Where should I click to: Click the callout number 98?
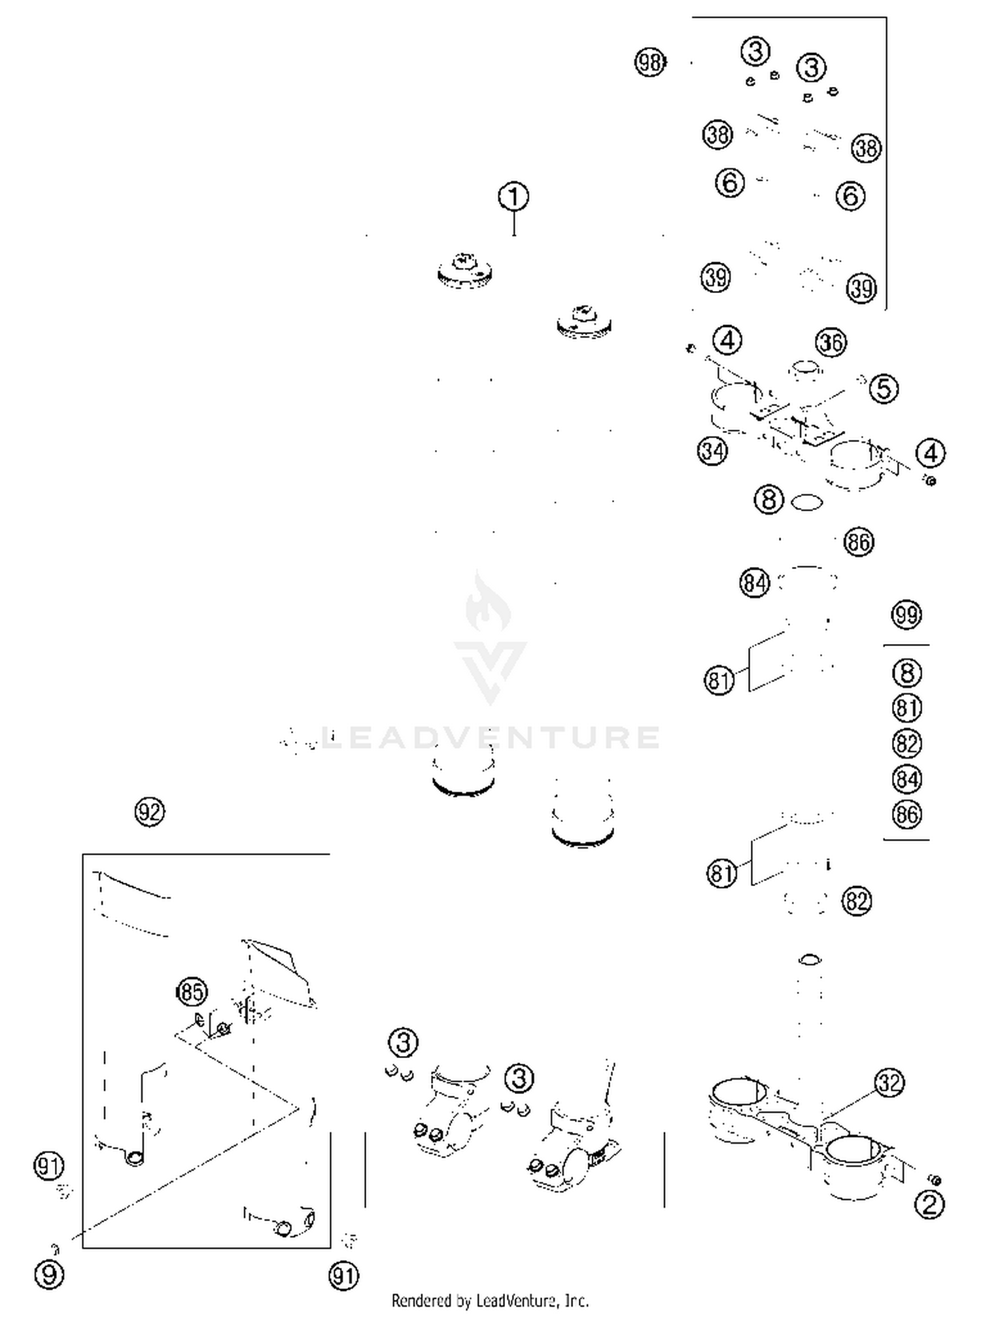click(649, 63)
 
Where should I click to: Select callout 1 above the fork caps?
click(513, 197)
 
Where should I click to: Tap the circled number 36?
click(831, 342)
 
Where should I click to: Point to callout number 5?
click(884, 389)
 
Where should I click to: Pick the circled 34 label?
click(712, 451)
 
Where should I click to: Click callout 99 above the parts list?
click(906, 615)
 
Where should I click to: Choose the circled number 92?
click(150, 812)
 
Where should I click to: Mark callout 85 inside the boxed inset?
click(192, 992)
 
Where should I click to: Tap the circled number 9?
click(50, 1274)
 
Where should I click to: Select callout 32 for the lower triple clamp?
click(889, 1083)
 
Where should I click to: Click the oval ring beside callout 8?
click(806, 503)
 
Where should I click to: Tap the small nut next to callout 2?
click(935, 1180)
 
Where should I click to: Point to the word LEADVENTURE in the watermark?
click(490, 738)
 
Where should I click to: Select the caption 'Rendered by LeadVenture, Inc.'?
click(490, 1301)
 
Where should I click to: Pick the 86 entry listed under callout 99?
click(906, 814)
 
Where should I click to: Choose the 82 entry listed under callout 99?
click(906, 744)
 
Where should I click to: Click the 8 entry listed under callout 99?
click(906, 673)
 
